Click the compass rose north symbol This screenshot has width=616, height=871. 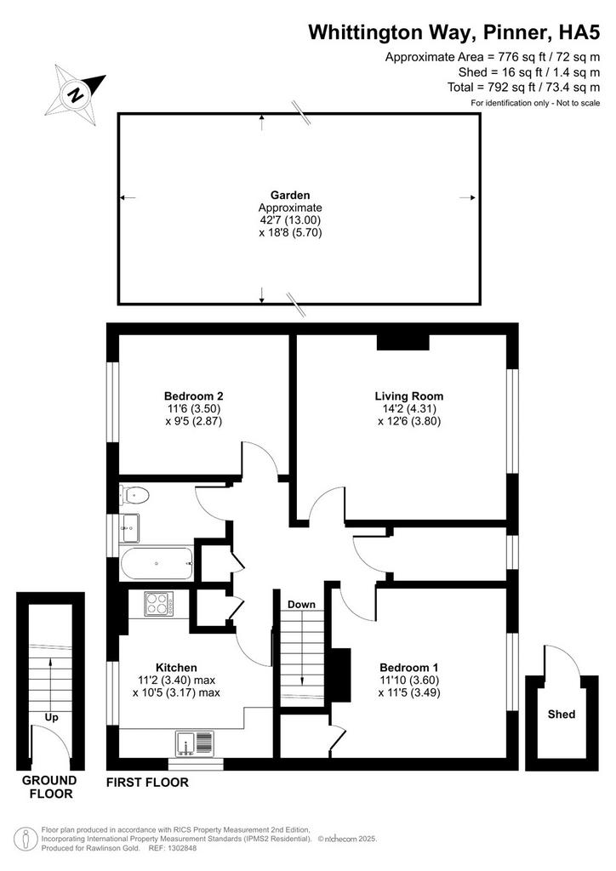tap(75, 94)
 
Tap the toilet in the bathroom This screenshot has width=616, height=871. tap(134, 494)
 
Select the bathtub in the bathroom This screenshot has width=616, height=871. tap(156, 563)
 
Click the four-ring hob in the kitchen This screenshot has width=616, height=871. tap(159, 604)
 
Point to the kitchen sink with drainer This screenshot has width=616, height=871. tap(194, 743)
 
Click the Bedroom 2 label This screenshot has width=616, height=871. tap(194, 396)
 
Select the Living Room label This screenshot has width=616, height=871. tap(409, 396)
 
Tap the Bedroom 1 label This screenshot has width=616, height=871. tap(409, 668)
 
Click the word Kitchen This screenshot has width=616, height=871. tap(176, 668)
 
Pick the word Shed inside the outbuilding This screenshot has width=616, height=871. tap(562, 714)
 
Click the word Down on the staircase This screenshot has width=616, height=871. tap(301, 605)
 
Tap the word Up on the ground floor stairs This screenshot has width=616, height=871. tap(51, 718)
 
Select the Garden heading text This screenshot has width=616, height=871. tap(290, 195)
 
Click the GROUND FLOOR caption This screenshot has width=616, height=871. tap(50, 787)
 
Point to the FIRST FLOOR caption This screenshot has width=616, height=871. tap(147, 783)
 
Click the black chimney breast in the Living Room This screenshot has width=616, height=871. tap(402, 342)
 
